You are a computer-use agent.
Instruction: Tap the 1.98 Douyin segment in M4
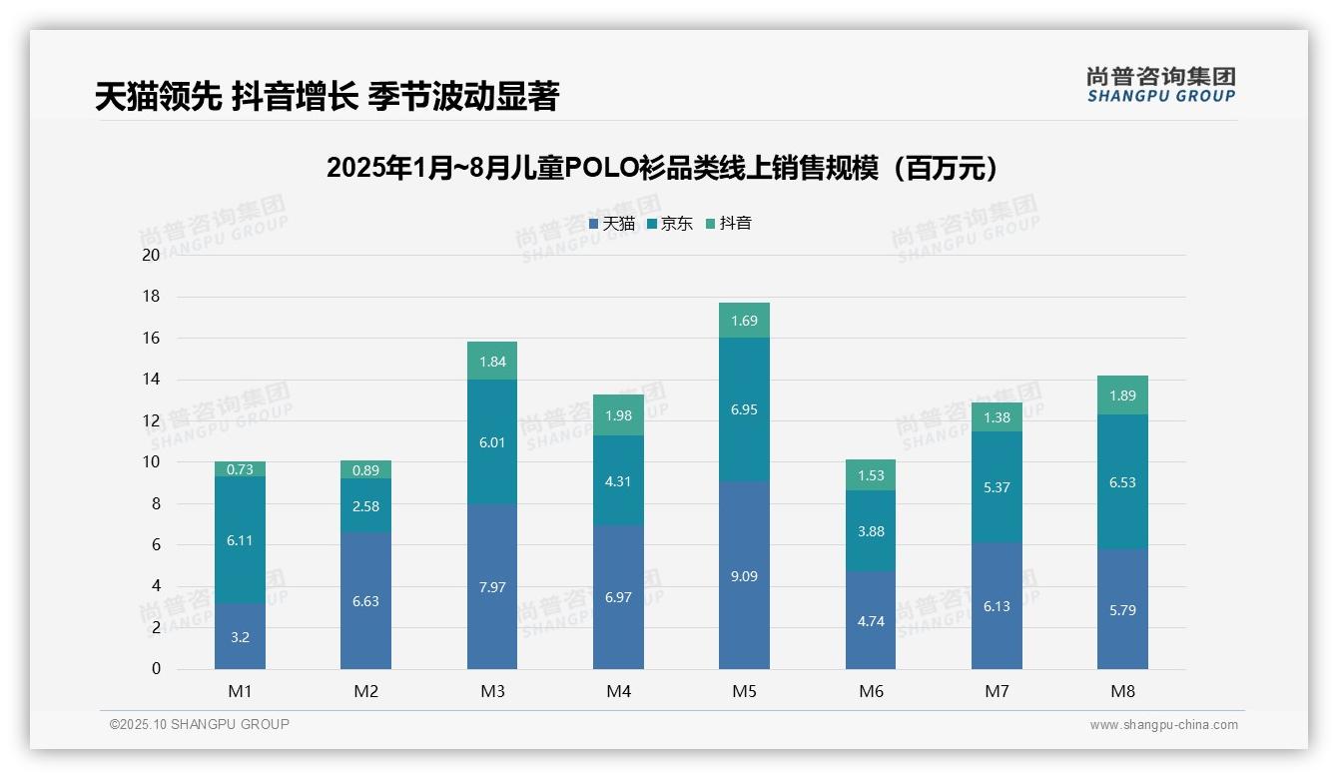[618, 414]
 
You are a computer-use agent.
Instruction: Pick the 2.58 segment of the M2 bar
[365, 505]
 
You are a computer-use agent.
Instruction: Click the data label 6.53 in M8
[1122, 482]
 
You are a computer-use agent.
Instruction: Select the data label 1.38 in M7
[997, 417]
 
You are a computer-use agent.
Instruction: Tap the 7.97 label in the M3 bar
[492, 587]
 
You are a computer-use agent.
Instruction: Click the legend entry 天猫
[612, 224]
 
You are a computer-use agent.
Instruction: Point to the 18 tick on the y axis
[151, 297]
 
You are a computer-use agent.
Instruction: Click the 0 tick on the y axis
[156, 669]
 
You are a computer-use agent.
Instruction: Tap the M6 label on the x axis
[871, 691]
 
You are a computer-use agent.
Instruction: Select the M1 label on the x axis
[240, 691]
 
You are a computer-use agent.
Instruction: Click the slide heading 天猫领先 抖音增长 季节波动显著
[327, 97]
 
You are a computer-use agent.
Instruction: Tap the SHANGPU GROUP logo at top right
[1161, 84]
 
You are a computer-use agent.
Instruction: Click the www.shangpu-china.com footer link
[1163, 725]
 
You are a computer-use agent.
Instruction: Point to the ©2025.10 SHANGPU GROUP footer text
[200, 725]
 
